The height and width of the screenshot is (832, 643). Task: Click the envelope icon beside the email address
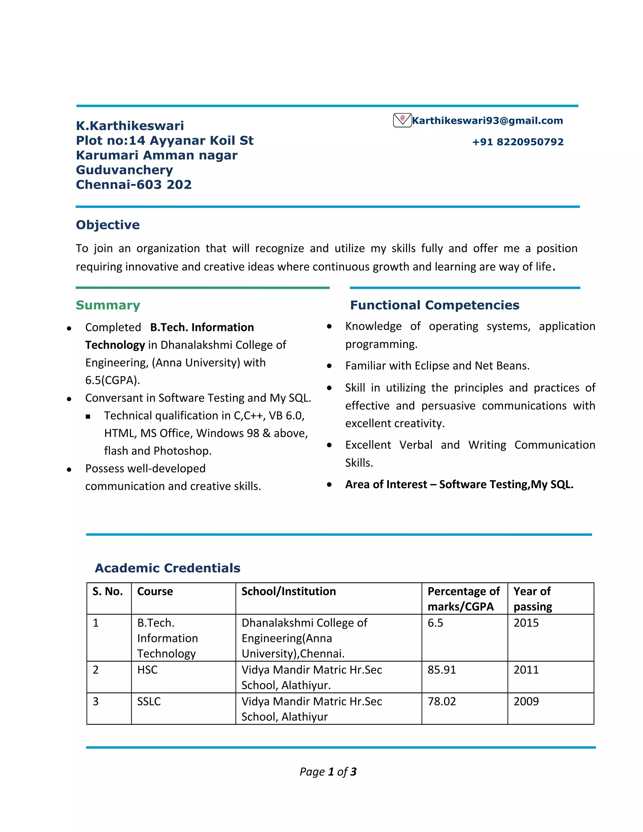[402, 120]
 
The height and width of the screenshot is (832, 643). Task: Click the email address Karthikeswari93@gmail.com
[487, 121]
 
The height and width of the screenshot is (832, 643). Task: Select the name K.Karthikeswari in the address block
[130, 126]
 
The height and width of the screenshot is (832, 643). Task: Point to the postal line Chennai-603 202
[134, 184]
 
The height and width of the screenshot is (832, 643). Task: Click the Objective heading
[108, 225]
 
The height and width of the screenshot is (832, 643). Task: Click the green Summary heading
[108, 305]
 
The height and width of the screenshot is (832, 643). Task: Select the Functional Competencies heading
[434, 305]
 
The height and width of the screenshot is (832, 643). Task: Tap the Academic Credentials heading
[168, 568]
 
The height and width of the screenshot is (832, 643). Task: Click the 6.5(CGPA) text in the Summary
[113, 380]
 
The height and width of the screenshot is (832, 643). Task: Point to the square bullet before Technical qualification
[88, 417]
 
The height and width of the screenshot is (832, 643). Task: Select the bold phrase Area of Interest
[386, 484]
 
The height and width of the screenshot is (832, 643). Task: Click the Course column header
[155, 591]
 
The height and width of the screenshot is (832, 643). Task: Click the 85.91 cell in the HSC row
[441, 670]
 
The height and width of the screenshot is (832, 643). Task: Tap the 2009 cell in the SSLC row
[526, 701]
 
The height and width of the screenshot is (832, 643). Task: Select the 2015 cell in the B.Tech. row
[526, 623]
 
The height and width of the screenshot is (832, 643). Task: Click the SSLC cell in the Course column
[149, 701]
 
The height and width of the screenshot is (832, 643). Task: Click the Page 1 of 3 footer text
[328, 772]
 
